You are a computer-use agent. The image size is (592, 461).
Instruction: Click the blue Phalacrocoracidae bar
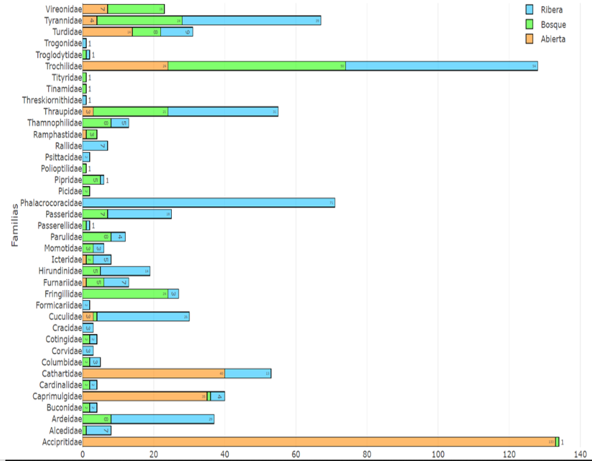(208, 203)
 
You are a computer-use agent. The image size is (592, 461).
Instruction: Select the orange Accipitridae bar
(318, 442)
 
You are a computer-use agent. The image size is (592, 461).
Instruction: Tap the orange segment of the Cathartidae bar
(153, 374)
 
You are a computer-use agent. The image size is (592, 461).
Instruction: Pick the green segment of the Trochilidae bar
(256, 66)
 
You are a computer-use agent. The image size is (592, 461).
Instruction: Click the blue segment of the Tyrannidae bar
(251, 20)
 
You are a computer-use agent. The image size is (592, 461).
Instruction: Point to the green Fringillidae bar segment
(125, 294)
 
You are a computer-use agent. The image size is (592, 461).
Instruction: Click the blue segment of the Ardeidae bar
(162, 419)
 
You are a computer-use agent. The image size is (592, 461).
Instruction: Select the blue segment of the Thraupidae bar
(223, 112)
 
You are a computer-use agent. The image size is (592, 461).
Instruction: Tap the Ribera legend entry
(551, 10)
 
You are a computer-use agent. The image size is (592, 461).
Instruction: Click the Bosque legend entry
(553, 24)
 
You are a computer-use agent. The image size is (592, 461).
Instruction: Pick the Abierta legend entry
(553, 39)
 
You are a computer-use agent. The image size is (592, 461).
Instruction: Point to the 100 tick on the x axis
(438, 456)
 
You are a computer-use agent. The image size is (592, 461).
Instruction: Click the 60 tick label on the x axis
(296, 456)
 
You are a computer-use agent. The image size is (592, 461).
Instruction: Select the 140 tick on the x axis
(580, 456)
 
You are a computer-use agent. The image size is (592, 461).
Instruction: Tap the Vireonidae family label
(64, 9)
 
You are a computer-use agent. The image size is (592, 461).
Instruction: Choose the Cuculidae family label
(65, 316)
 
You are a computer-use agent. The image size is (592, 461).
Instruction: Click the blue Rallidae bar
(95, 146)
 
